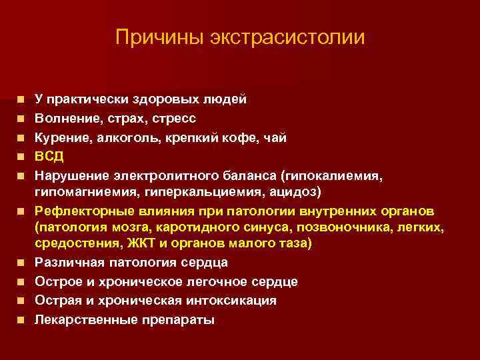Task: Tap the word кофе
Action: (231, 138)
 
